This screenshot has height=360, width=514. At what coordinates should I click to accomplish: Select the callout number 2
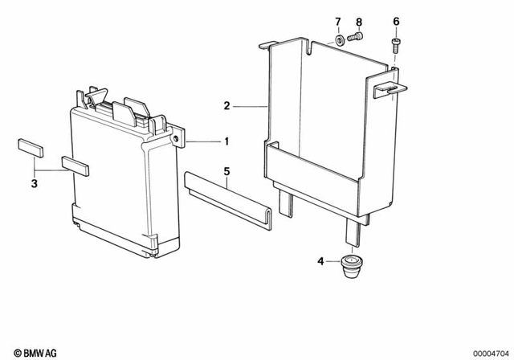coord(226,105)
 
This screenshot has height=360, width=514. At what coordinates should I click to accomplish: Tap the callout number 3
coord(34,184)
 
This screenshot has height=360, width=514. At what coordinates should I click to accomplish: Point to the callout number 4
coord(320,261)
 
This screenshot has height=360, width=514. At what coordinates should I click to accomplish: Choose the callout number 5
coord(226,170)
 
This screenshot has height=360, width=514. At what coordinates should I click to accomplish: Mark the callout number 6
coord(395,21)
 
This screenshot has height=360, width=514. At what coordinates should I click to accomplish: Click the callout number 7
coord(338,21)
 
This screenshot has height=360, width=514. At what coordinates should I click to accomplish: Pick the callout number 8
coord(359,21)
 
